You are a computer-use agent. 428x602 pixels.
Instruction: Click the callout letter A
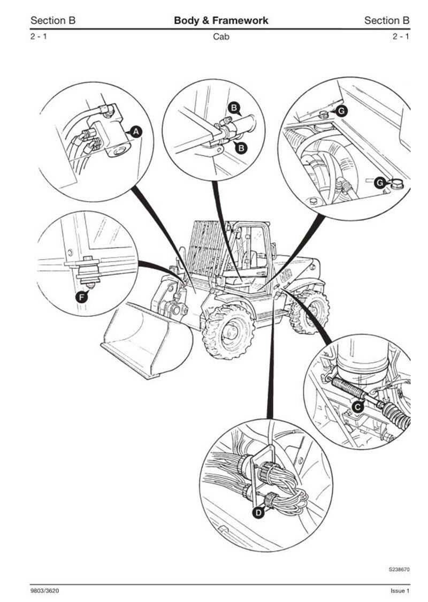click(136, 131)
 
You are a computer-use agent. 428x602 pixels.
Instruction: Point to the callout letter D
click(258, 513)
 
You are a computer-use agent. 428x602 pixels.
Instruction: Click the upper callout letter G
click(341, 111)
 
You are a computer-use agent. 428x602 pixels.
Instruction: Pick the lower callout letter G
click(379, 182)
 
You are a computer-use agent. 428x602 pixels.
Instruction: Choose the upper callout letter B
click(234, 108)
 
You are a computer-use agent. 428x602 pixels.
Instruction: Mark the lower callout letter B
click(242, 148)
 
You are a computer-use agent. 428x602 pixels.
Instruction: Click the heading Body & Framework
click(221, 21)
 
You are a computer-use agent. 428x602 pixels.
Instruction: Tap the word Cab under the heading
click(221, 37)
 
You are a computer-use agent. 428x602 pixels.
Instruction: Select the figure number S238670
click(399, 569)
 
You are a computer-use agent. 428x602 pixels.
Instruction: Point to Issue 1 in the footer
click(400, 590)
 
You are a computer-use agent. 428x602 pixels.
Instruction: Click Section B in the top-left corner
click(53, 21)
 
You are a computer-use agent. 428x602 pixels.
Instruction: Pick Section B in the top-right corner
click(387, 21)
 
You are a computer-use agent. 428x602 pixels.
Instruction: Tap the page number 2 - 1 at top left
click(39, 37)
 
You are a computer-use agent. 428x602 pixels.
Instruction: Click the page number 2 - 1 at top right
click(401, 37)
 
